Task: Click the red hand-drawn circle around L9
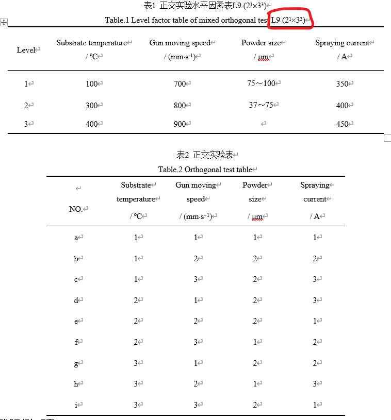click(291, 20)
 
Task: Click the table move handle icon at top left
click(4, 22)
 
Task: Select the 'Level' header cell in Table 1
click(25, 50)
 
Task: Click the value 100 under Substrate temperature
click(91, 84)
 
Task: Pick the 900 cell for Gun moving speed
click(180, 124)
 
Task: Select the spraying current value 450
click(342, 124)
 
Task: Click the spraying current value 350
click(342, 84)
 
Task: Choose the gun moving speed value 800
click(180, 106)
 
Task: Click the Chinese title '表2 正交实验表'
click(205, 155)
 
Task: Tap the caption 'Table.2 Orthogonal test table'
click(205, 170)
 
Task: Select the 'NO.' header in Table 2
click(75, 209)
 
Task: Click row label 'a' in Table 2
click(76, 238)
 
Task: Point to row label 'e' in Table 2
click(76, 321)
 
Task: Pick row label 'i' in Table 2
click(76, 405)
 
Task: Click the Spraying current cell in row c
click(315, 279)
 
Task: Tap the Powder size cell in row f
click(255, 342)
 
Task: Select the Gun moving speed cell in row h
click(196, 384)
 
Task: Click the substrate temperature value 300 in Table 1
click(91, 106)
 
